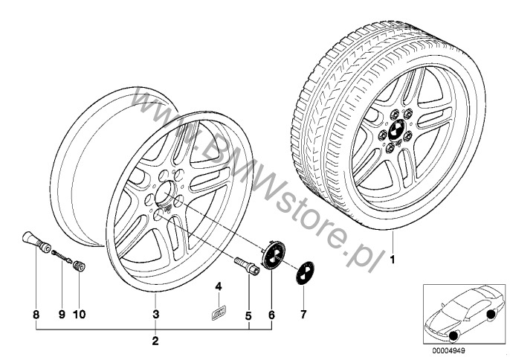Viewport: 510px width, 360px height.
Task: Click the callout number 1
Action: pyautogui.click(x=393, y=260)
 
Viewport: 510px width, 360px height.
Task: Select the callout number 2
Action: pyautogui.click(x=155, y=341)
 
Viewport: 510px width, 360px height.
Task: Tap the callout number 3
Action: pyautogui.click(x=156, y=315)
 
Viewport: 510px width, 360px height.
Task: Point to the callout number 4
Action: pyautogui.click(x=219, y=286)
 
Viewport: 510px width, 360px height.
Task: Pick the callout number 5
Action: pyautogui.click(x=248, y=315)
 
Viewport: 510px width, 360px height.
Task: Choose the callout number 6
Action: pyautogui.click(x=271, y=315)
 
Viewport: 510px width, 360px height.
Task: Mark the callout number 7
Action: pyautogui.click(x=303, y=315)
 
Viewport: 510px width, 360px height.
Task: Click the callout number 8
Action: pyautogui.click(x=36, y=315)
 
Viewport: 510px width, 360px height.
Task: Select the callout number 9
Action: pyautogui.click(x=62, y=315)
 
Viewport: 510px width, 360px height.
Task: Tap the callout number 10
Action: pyautogui.click(x=79, y=315)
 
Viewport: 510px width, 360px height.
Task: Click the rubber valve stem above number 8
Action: pyautogui.click(x=36, y=242)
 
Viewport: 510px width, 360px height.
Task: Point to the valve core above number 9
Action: pyautogui.click(x=62, y=255)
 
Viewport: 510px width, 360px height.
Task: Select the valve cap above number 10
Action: pyautogui.click(x=79, y=266)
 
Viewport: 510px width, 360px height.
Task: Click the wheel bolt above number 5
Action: pyautogui.click(x=247, y=265)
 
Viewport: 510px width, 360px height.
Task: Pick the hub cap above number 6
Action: pyautogui.click(x=274, y=254)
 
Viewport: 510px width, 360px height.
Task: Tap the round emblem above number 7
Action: pyautogui.click(x=305, y=273)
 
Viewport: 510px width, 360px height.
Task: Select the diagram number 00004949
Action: pyautogui.click(x=448, y=350)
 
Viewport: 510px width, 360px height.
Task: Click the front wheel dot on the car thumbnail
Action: pyautogui.click(x=452, y=336)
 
